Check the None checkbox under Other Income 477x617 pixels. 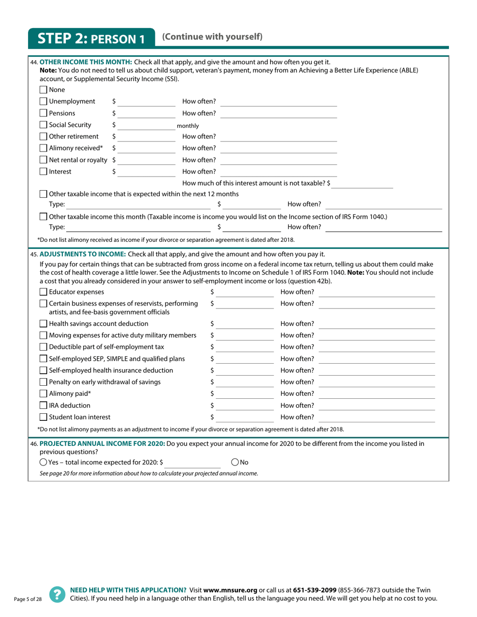pyautogui.click(x=43, y=90)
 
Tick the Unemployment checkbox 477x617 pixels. pyautogui.click(x=43, y=102)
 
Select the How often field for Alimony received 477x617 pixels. pyautogui.click(x=279, y=148)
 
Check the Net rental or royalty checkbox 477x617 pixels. pyautogui.click(x=43, y=160)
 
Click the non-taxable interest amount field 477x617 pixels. pyautogui.click(x=363, y=184)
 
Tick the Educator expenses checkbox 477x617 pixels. pyautogui.click(x=43, y=292)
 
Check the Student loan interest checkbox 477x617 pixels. pyautogui.click(x=43, y=417)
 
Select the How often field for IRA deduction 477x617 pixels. pyautogui.click(x=377, y=405)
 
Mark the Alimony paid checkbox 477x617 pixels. pyautogui.click(x=43, y=394)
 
